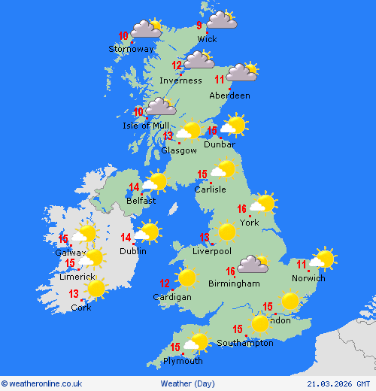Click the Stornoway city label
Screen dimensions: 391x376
(132, 49)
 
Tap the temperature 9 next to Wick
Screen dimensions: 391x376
(199, 26)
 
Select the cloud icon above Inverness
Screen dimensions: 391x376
(199, 59)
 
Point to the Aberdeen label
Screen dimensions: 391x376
(229, 95)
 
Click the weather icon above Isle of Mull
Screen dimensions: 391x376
(161, 107)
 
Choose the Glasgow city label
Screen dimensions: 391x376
(179, 150)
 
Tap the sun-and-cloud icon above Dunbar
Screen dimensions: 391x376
(234, 125)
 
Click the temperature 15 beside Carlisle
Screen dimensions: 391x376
(202, 174)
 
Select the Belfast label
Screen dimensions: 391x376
(141, 201)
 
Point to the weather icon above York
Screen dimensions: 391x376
(263, 203)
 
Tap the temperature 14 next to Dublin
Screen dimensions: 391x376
(126, 238)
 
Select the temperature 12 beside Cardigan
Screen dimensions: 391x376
(165, 283)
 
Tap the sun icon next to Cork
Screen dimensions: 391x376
(96, 289)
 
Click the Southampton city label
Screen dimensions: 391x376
(245, 343)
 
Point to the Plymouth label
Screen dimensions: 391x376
(183, 361)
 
